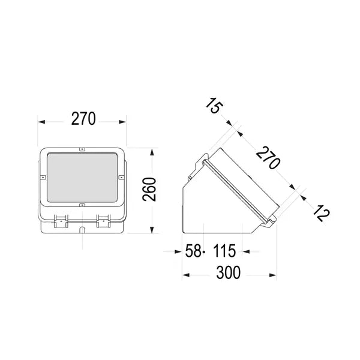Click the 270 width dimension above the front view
point(83,119)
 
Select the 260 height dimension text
point(149,190)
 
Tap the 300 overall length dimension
point(229,272)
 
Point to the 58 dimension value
point(193,251)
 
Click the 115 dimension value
point(224,251)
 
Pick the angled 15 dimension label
point(214,106)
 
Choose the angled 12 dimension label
point(322,212)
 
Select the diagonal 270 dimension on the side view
point(268,157)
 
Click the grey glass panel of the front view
point(82,178)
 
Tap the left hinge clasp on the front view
point(61,221)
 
